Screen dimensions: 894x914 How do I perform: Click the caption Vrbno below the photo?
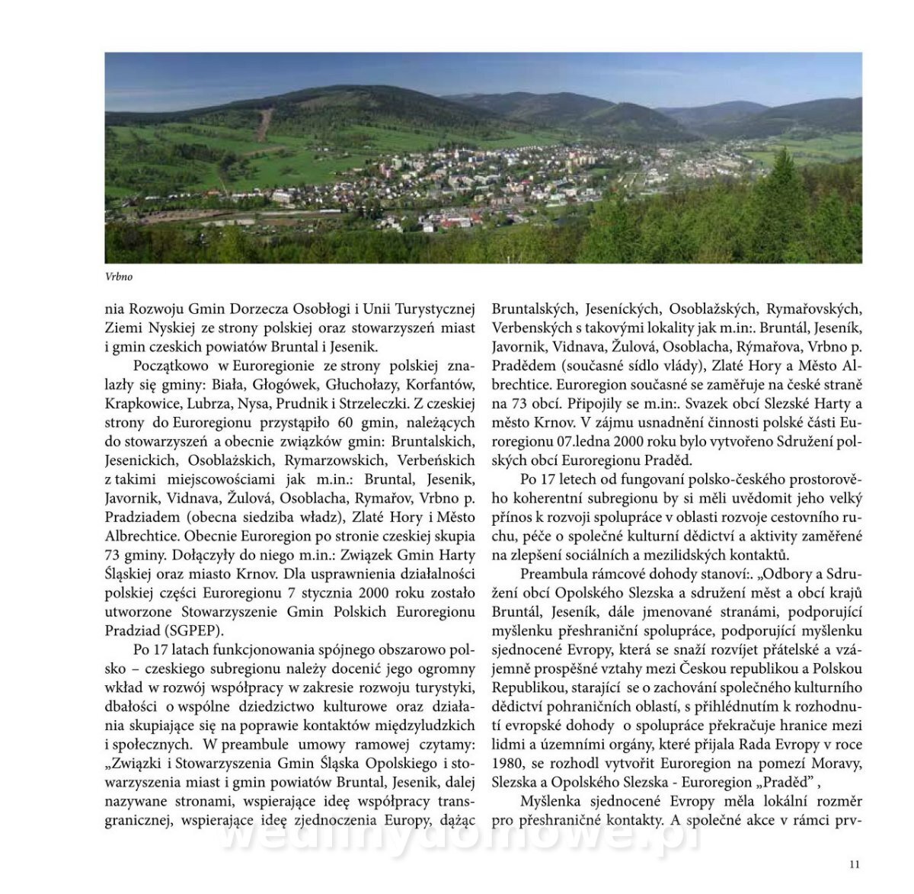coord(119,277)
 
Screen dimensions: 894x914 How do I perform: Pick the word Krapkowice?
coord(141,404)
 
